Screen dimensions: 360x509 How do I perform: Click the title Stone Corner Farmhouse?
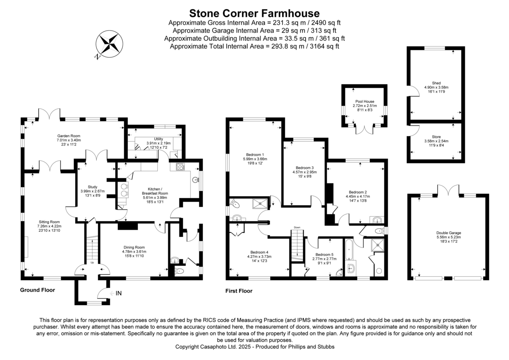tap(254, 14)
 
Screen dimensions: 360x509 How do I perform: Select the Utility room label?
tap(159, 139)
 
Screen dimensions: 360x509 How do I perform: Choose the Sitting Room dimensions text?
tap(48, 228)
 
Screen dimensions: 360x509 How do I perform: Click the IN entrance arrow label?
tap(119, 293)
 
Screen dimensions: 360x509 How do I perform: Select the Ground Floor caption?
tap(37, 290)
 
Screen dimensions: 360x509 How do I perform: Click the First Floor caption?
tap(238, 291)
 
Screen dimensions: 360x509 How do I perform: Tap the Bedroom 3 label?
tap(305, 167)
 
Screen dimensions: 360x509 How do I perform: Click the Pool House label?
tap(364, 101)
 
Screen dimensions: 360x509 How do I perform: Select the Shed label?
tap(436, 83)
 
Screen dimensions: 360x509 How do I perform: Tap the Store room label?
tap(436, 137)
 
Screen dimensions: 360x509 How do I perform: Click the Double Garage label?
tap(448, 233)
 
